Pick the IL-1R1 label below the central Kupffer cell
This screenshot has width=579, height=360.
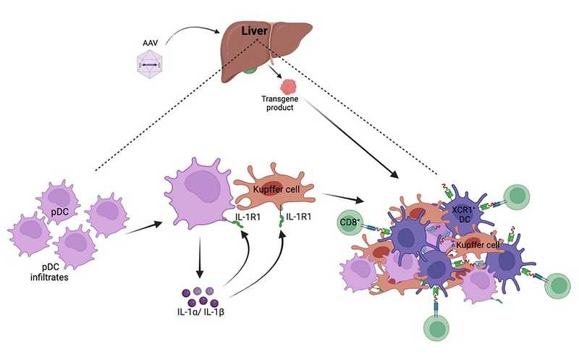point(300,217)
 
